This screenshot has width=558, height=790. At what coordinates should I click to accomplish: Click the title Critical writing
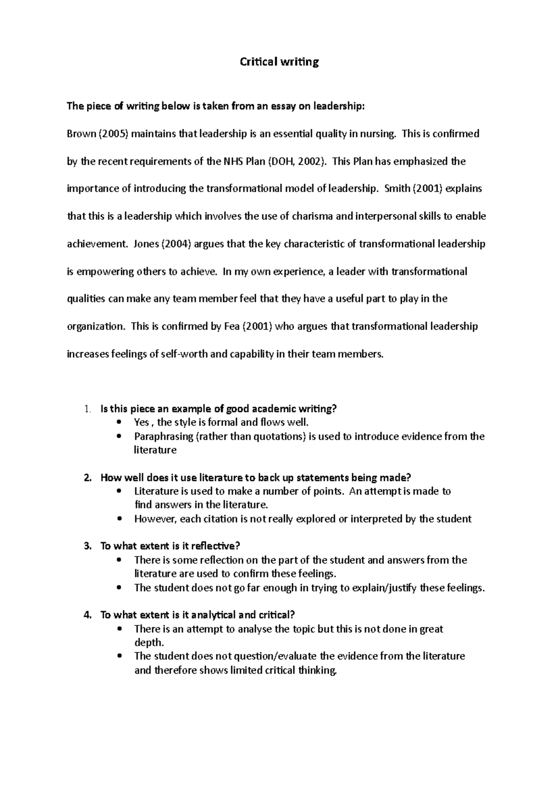pyautogui.click(x=279, y=62)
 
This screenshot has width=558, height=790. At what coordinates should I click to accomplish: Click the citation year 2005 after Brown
pyautogui.click(x=114, y=134)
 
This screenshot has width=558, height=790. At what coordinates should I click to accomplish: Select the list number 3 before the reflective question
pyautogui.click(x=87, y=546)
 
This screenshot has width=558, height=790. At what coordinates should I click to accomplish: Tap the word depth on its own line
pyautogui.click(x=148, y=643)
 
